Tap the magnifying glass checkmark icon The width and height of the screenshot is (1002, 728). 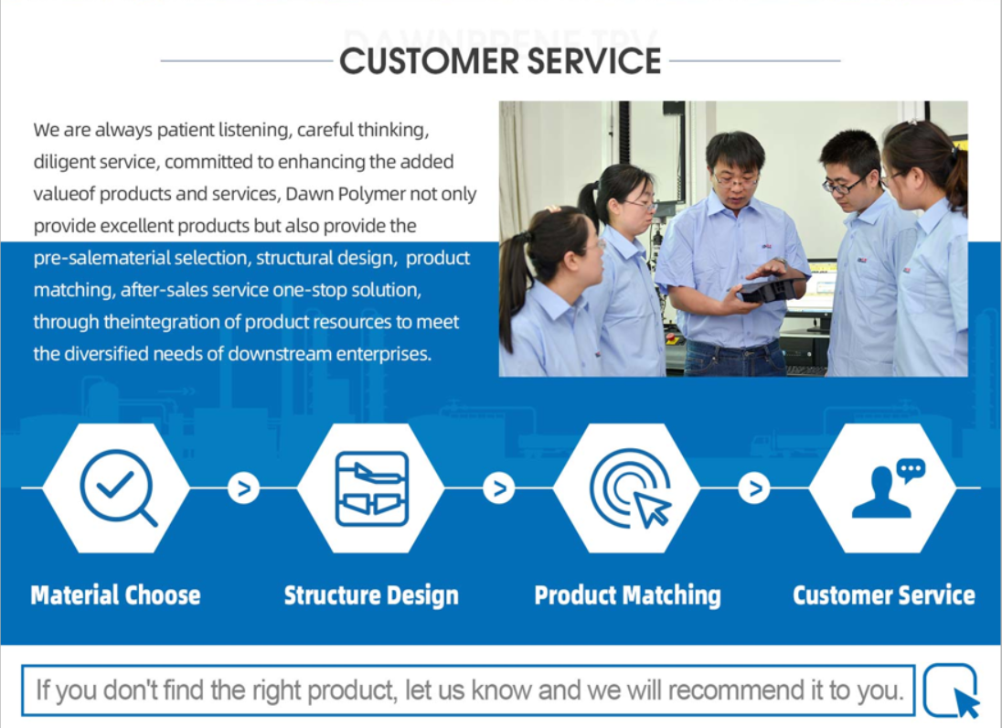(x=118, y=487)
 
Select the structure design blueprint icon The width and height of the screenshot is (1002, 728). (x=372, y=488)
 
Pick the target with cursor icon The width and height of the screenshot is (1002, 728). (x=630, y=488)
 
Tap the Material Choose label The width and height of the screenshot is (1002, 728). (x=116, y=595)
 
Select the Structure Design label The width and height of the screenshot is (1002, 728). (x=371, y=595)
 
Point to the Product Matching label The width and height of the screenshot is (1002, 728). (x=627, y=595)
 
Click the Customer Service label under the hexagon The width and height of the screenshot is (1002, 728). (x=884, y=595)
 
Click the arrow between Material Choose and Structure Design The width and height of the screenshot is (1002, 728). (x=243, y=488)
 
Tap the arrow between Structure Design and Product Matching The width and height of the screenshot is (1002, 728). (x=499, y=488)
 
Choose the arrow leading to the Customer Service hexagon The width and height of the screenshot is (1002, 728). (x=754, y=488)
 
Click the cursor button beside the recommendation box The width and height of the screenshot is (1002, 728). (x=952, y=691)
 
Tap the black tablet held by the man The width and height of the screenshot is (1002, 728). (x=771, y=285)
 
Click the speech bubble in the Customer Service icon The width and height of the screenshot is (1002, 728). (x=911, y=470)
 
